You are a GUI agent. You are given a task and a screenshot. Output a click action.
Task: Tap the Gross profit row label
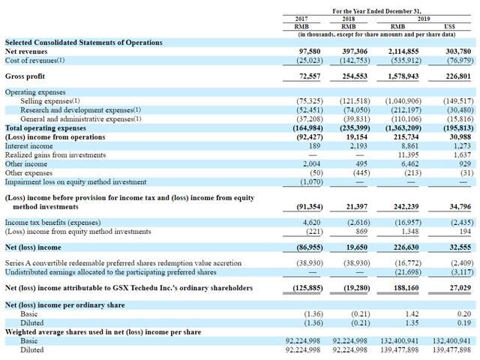(25, 76)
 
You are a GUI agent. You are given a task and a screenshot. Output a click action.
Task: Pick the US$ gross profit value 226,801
(455, 76)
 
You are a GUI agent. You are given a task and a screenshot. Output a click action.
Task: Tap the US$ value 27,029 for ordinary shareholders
(457, 287)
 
